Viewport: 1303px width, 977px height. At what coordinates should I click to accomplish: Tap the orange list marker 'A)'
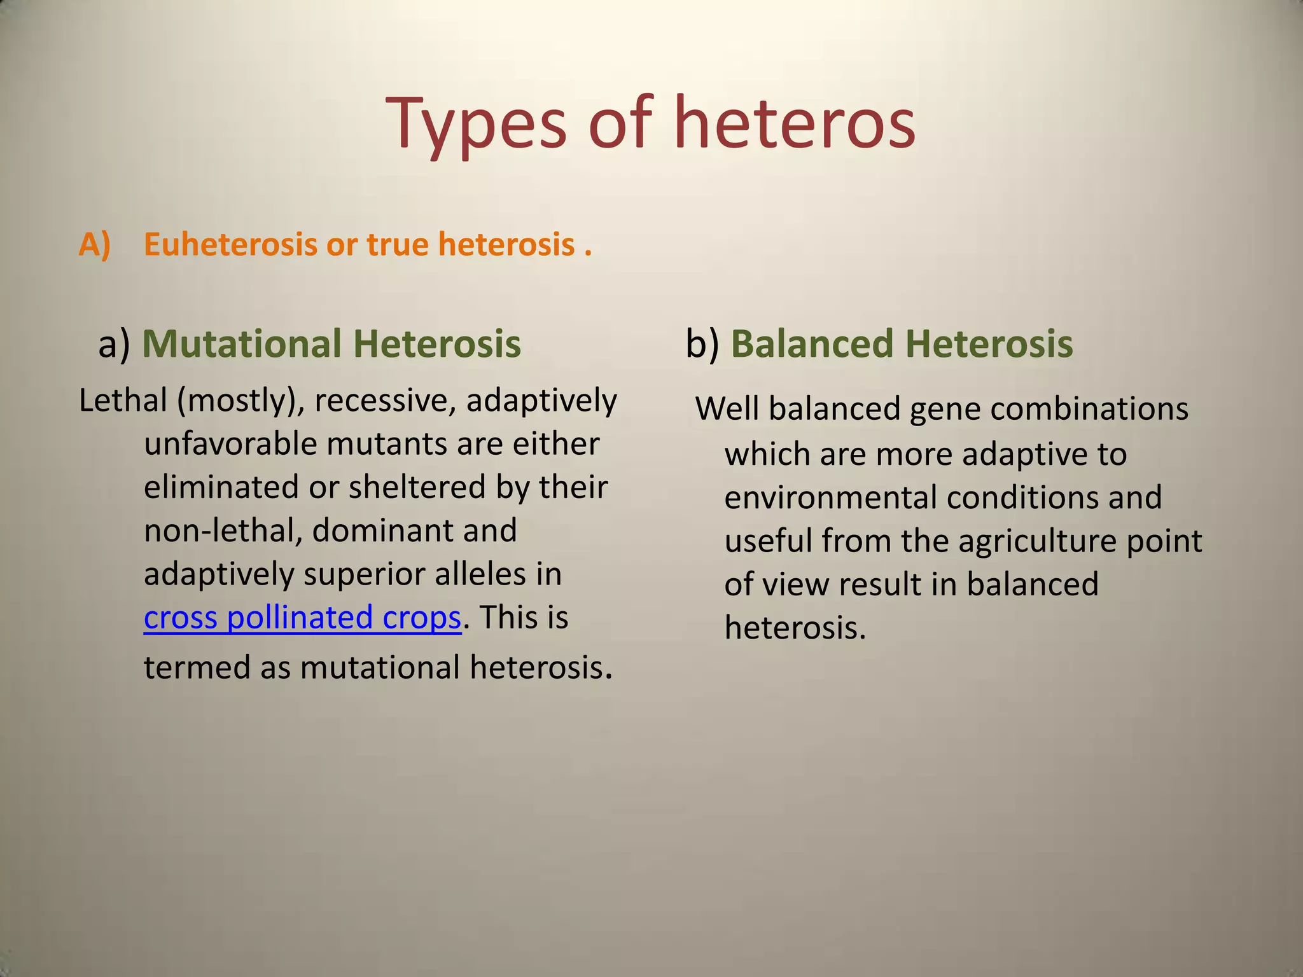click(94, 245)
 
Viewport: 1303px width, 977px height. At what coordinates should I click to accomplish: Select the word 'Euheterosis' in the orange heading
click(230, 245)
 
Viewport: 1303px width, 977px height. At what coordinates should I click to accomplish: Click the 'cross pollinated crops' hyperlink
click(302, 618)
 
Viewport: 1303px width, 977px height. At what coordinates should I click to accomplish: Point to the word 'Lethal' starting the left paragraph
click(123, 401)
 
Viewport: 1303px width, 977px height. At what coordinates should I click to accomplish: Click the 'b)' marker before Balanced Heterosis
click(702, 344)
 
